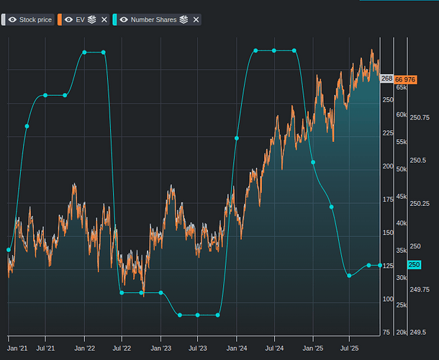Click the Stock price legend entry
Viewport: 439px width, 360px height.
35,19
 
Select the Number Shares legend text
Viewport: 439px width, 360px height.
153,19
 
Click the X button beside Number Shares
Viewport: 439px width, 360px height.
196,19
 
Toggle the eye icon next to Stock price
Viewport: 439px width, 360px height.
12,19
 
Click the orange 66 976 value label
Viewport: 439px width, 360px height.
406,78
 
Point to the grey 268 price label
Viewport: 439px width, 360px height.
386,78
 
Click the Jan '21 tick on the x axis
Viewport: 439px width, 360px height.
18,348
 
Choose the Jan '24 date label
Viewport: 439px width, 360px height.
237,348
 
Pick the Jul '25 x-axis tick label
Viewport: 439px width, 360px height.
349,348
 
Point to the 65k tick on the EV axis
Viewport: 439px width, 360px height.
402,87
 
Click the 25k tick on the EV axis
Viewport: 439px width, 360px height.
402,305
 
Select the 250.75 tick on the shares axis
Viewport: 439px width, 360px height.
419,117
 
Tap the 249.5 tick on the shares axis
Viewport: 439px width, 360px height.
417,333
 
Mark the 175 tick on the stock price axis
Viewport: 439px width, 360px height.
387,199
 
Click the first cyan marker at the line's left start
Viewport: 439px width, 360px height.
9,250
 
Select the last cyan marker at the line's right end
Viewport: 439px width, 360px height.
380,265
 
